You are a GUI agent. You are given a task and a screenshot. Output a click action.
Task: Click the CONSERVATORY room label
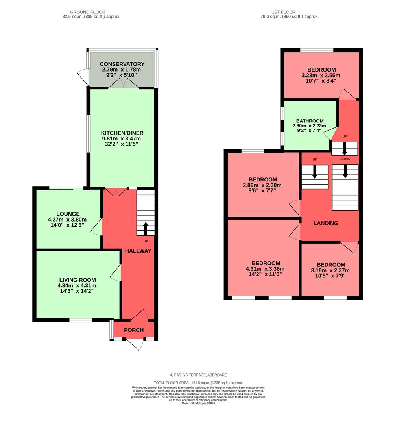(122, 64)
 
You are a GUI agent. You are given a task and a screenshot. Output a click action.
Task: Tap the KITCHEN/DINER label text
(122, 133)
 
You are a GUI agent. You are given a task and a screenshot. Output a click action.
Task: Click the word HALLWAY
(138, 251)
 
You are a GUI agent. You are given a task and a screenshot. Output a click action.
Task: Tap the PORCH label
(134, 330)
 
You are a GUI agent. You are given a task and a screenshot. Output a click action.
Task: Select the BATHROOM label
(310, 121)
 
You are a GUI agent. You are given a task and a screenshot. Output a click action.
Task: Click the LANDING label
(325, 223)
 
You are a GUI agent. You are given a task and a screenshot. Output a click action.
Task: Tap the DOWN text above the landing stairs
(345, 159)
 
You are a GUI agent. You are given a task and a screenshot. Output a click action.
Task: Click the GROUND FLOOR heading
(91, 12)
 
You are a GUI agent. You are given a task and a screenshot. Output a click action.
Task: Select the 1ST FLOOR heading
(289, 12)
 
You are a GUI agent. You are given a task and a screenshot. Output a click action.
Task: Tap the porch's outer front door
(136, 344)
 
